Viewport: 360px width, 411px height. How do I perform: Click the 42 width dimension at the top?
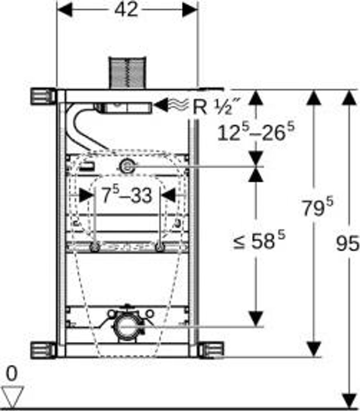tap(126, 10)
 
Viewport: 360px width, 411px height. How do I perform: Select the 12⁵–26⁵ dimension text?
tap(256, 132)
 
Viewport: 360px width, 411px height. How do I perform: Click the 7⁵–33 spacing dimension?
tap(127, 196)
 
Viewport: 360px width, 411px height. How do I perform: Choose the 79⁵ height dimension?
tap(318, 208)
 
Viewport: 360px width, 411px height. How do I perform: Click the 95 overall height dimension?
tap(347, 243)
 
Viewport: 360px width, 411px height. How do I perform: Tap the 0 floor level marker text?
tap(12, 374)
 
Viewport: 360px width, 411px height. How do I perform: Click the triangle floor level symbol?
tap(12, 396)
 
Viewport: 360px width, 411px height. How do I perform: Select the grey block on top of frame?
tap(127, 73)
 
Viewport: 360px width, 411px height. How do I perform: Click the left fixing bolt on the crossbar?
tap(95, 247)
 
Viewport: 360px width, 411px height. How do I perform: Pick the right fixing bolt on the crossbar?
tap(160, 247)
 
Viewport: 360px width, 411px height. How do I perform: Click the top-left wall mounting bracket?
tap(43, 96)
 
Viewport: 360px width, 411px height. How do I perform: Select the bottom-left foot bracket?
tap(43, 350)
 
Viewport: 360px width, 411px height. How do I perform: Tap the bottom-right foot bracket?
tap(212, 350)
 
